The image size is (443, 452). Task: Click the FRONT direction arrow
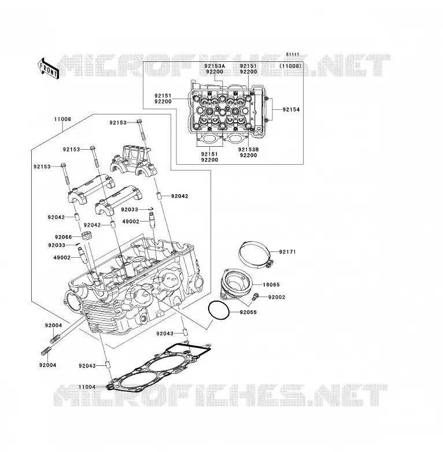48,69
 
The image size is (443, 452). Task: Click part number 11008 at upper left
62,119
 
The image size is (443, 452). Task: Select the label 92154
291,110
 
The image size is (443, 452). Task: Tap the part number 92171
287,251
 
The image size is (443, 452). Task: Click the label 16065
271,284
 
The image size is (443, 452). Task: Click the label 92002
276,297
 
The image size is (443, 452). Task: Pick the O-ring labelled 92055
219,310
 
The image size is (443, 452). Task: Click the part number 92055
248,312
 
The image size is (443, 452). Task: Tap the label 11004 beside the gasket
87,387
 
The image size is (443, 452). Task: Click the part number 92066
64,237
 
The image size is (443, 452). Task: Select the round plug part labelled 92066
87,235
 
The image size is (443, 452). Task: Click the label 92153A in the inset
215,66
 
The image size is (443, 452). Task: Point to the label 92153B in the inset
249,150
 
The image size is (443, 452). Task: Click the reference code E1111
293,54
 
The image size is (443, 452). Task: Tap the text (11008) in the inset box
290,66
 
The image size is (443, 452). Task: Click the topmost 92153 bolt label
118,123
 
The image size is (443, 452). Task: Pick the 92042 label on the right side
180,196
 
